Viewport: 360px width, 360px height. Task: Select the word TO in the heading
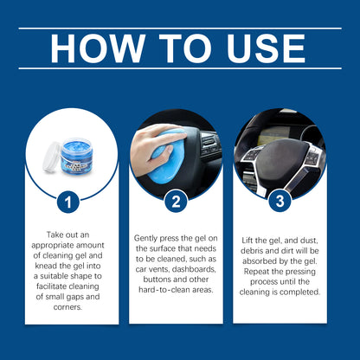pyautogui.click(x=176, y=48)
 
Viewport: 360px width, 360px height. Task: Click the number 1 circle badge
pyautogui.click(x=70, y=203)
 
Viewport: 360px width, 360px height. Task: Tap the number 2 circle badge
pyautogui.click(x=177, y=203)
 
